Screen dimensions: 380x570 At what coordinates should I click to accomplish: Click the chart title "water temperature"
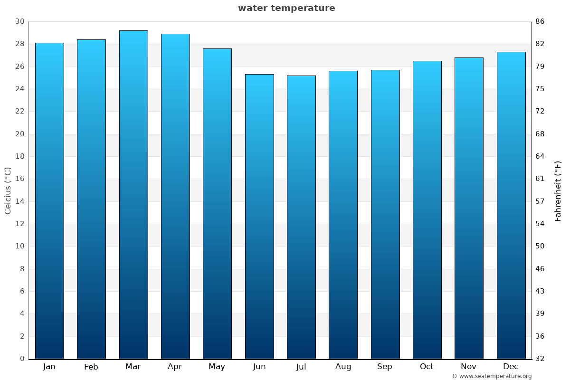(x=286, y=8)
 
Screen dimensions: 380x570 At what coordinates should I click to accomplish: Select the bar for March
(x=133, y=195)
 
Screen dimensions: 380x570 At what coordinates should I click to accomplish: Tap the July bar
(x=301, y=217)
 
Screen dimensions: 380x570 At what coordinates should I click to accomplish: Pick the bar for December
(x=511, y=205)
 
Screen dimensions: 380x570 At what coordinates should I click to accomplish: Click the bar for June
(x=259, y=217)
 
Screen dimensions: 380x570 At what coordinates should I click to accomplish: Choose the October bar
(x=427, y=210)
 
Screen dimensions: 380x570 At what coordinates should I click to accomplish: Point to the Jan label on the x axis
(x=49, y=367)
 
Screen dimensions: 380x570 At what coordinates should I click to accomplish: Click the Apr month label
(x=175, y=367)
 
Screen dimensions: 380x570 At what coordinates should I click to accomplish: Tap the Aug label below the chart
(x=343, y=367)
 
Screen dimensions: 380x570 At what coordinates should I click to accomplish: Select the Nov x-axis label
(x=468, y=367)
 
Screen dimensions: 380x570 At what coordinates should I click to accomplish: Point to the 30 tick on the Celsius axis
(x=19, y=21)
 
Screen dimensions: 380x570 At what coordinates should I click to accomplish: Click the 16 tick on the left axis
(x=19, y=179)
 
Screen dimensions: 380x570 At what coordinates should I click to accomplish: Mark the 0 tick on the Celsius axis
(x=22, y=359)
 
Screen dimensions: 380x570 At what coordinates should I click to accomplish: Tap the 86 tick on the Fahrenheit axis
(x=540, y=21)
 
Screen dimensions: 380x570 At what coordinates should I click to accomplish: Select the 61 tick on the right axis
(x=540, y=179)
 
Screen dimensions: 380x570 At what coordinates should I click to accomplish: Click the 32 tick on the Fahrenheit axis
(x=540, y=359)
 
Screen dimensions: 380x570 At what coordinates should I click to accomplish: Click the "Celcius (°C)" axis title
(x=8, y=190)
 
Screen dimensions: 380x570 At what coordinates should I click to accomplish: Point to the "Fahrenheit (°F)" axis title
(x=558, y=190)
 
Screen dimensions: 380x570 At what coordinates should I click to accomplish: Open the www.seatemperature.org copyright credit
(x=491, y=376)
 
